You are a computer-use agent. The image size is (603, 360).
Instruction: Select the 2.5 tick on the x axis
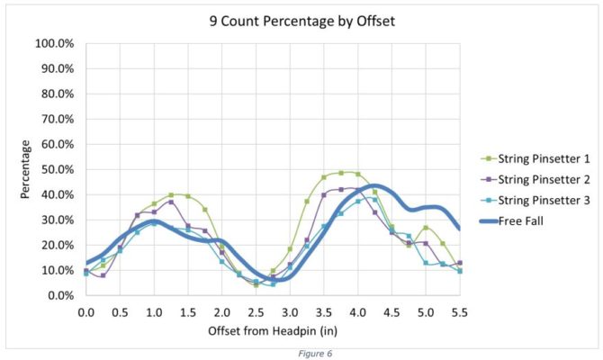256,312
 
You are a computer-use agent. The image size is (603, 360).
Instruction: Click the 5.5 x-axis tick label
459,312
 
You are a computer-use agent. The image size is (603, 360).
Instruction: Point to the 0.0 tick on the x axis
86,312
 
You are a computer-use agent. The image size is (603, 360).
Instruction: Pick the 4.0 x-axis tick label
357,312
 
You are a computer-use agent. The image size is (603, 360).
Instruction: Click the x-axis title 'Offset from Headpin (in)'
273,330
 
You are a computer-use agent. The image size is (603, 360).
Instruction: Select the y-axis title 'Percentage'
28,169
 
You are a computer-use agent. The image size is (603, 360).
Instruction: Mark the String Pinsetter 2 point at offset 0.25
103,275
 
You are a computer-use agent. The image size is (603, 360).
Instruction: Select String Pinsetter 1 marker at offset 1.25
171,194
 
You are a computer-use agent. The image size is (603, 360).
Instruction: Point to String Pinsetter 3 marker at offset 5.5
459,271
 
